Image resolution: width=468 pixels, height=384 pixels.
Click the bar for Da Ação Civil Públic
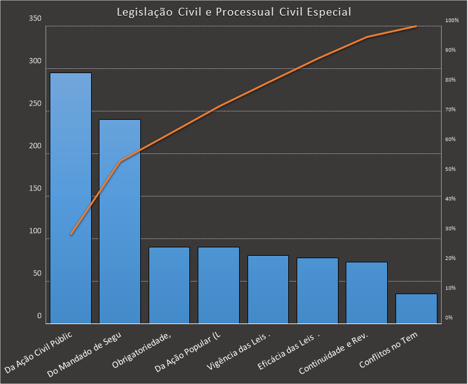click(x=71, y=198)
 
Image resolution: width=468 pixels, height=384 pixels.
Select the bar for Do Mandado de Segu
click(x=120, y=222)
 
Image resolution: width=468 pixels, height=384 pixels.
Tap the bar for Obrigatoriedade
click(x=169, y=285)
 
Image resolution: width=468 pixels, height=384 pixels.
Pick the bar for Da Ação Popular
click(x=219, y=285)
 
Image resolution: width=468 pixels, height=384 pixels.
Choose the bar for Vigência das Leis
click(x=268, y=289)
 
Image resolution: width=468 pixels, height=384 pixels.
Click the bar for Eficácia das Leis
click(x=318, y=291)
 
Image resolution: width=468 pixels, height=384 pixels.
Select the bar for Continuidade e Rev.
click(x=367, y=292)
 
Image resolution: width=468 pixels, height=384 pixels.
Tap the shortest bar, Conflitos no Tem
click(x=416, y=309)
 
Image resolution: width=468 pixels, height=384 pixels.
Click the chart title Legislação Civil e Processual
click(x=234, y=11)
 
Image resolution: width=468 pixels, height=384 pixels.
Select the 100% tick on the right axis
click(x=451, y=21)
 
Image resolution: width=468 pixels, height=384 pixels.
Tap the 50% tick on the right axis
click(x=451, y=170)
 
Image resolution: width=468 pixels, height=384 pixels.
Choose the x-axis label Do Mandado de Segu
click(x=84, y=355)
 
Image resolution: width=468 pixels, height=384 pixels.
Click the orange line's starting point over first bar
click(x=71, y=234)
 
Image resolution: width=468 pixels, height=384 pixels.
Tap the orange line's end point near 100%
click(x=416, y=26)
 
